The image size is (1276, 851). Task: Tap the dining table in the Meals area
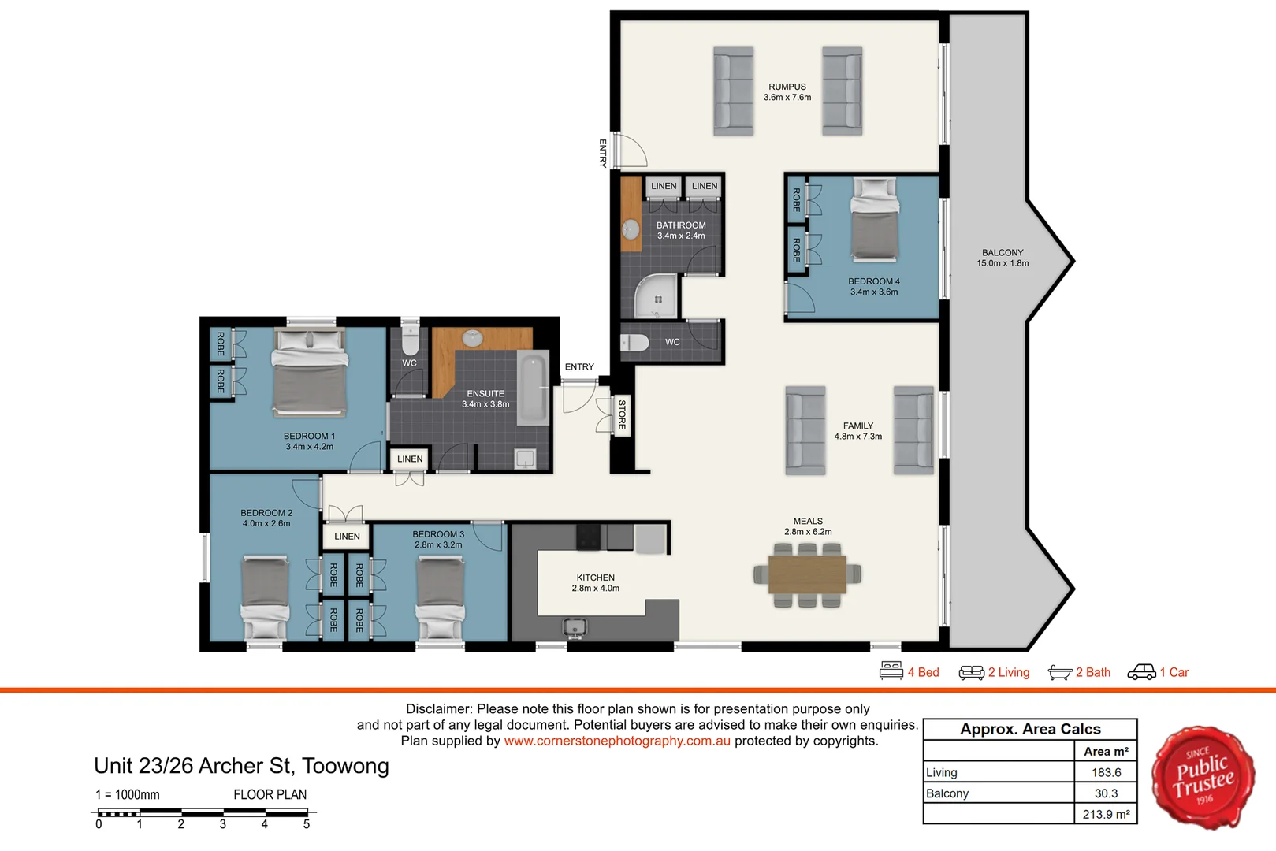coord(807,574)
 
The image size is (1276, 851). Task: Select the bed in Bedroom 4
coord(874,221)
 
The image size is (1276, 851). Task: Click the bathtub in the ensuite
coord(534,388)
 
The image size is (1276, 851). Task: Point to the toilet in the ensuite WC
coord(410,340)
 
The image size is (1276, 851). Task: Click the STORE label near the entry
coord(622,414)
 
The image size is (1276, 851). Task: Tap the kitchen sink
coord(575,628)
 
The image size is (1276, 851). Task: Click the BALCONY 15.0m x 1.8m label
coord(1003,258)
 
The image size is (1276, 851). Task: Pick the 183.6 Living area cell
coord(1106,772)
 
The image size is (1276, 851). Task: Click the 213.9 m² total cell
coord(1106,814)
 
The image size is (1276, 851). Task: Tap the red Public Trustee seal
coord(1203,777)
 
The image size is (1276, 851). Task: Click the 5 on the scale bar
coord(307,824)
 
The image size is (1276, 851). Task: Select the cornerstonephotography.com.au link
coord(617,741)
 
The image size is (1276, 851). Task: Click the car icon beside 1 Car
coord(1141,671)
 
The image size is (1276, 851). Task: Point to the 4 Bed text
coord(923,672)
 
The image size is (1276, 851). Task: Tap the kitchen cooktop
coord(588,537)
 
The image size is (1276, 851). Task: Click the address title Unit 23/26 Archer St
coord(241,766)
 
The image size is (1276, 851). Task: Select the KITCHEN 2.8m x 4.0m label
coord(596,583)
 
